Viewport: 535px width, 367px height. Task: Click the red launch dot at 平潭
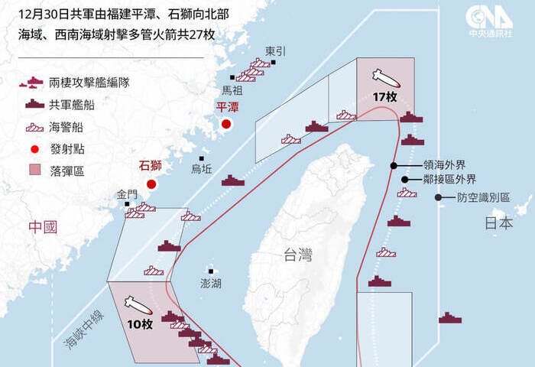click(226, 124)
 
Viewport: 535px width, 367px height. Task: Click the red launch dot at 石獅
click(151, 183)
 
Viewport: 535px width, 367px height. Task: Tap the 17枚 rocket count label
click(384, 97)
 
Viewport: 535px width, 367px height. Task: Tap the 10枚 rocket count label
click(141, 324)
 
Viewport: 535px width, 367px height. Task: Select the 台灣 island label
click(297, 255)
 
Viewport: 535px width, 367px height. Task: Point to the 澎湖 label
click(210, 283)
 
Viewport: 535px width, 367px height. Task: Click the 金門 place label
click(128, 194)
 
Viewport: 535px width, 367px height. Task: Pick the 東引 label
click(275, 50)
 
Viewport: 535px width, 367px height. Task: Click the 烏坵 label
click(202, 168)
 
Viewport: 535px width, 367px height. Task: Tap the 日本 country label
click(499, 224)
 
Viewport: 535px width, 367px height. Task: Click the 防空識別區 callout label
click(484, 197)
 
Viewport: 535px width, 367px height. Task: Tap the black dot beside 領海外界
click(394, 164)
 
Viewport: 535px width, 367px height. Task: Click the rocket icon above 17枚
click(384, 78)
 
